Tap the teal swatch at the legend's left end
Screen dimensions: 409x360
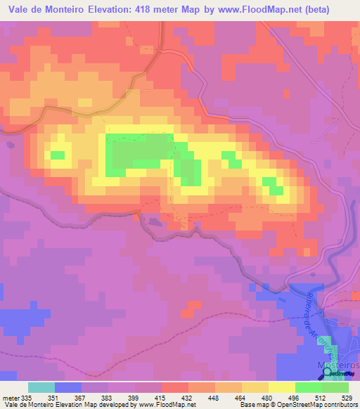[x=41, y=387]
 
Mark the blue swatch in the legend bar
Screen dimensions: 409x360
[x=67, y=387]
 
